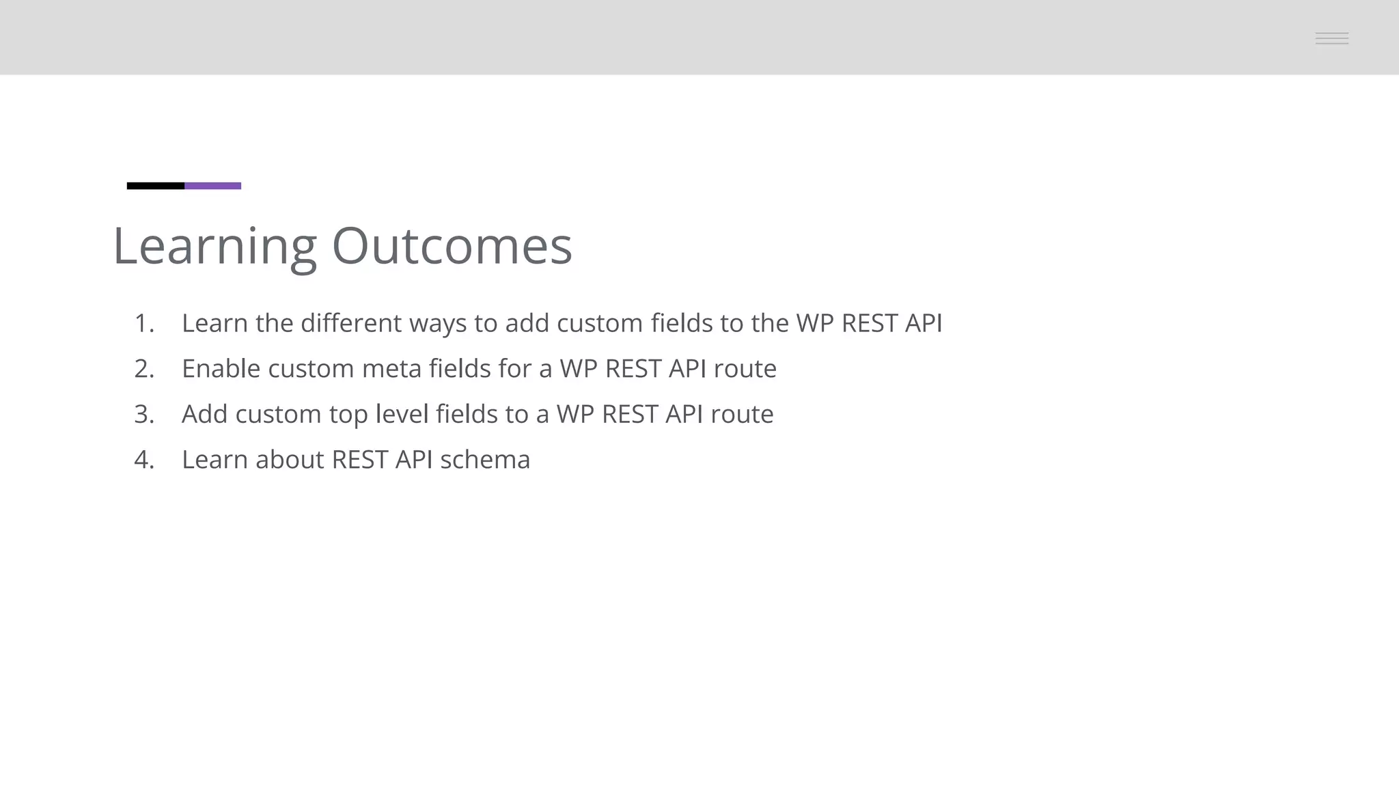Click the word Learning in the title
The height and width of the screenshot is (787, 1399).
coord(214,246)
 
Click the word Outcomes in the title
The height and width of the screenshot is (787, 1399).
coord(452,246)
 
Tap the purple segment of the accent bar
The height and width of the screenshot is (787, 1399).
coord(212,186)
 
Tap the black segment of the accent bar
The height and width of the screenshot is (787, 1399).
coord(156,186)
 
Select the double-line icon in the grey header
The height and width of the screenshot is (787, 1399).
coord(1331,38)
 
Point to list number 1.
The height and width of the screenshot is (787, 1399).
coord(143,323)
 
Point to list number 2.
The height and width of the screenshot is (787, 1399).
coord(143,369)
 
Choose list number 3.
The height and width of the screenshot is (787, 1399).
coord(143,414)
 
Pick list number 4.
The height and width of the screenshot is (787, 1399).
coord(143,460)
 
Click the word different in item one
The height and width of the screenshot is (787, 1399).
coord(351,323)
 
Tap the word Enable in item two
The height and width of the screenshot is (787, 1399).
coord(221,369)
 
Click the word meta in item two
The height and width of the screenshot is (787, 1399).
coord(391,369)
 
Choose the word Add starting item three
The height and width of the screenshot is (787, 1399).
coord(204,414)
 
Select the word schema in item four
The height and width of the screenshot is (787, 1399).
coord(485,460)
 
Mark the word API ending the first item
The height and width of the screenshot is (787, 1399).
coord(924,323)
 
